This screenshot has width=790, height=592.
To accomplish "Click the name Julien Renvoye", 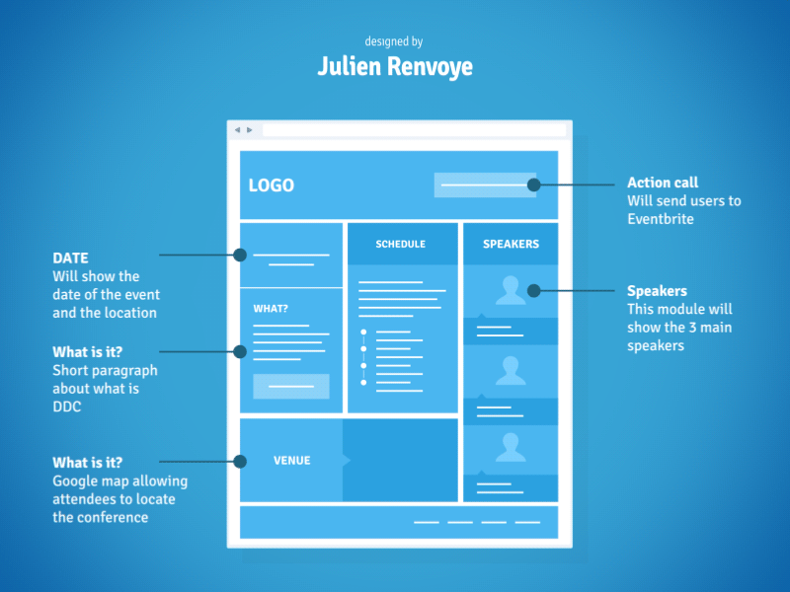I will pos(395,66).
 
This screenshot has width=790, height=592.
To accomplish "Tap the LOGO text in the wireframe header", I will pos(271,185).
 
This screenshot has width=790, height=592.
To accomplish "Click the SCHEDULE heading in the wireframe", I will pos(400,244).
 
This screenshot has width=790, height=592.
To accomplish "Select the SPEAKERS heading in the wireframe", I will pos(511,244).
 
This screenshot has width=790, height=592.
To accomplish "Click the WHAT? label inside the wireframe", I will pos(271,309).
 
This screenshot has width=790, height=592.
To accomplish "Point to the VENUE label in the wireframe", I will pos(291,461).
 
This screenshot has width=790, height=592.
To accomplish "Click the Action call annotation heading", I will pos(663,183).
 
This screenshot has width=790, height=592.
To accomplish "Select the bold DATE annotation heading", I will pos(70,259).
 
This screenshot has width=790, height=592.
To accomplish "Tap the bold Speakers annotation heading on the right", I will pos(657,291).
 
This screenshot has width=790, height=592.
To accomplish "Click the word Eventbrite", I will pos(661,218).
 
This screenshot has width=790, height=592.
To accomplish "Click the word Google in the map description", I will pos(76,481).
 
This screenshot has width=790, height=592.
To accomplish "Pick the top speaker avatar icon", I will pos(511,290).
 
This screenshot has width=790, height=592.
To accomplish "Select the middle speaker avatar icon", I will pos(511,370).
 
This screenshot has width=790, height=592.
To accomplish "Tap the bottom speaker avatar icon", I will pos(511,447).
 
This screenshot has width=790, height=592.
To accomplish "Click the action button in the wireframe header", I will pos(485,185).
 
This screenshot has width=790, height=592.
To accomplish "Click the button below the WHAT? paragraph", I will pos(290,387).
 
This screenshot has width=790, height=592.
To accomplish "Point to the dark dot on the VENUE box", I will pos(240,461).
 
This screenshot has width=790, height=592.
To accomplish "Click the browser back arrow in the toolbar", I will pos(237,130).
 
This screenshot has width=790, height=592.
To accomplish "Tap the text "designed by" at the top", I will pos(394,41).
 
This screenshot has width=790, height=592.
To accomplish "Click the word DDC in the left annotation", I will pos(67,407).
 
